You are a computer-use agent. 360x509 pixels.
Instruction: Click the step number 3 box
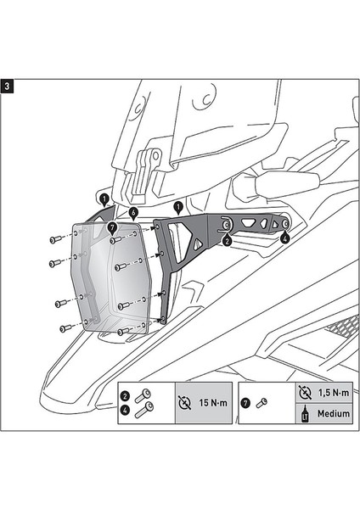(8, 86)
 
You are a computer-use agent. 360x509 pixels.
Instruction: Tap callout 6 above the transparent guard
(133, 211)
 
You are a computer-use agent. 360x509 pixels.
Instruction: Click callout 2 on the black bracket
(227, 241)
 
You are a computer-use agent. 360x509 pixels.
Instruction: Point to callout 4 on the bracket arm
(284, 239)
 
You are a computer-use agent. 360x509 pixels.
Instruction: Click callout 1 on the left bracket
(103, 200)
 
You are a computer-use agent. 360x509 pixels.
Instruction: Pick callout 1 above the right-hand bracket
(178, 207)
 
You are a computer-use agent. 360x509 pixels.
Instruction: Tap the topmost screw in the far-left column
(54, 241)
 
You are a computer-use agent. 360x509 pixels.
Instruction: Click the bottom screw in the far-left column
(65, 327)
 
